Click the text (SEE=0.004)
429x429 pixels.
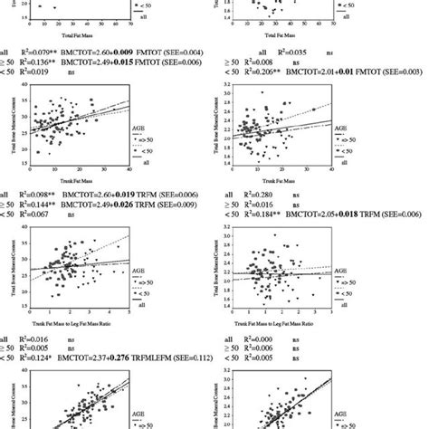coord(204,53)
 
